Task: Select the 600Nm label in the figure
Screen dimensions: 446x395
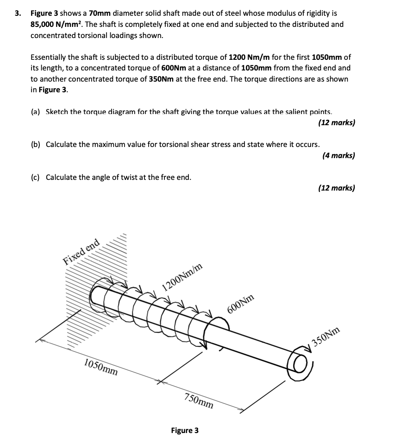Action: [241, 306]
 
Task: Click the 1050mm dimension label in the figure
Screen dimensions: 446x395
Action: [100, 366]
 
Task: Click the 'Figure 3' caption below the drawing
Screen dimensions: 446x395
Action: [184, 430]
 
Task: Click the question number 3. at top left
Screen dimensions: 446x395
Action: [18, 13]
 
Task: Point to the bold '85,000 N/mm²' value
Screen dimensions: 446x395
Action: [56, 24]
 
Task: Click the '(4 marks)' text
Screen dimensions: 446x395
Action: [339, 155]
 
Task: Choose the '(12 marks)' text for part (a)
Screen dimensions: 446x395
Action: [337, 123]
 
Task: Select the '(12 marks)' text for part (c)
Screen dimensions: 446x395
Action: [337, 188]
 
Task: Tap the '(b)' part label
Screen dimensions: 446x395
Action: [36, 144]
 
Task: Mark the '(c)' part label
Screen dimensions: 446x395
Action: [35, 177]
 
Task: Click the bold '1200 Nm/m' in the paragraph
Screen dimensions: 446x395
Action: [250, 57]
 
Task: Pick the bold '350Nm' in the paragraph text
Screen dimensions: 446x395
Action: [161, 79]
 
